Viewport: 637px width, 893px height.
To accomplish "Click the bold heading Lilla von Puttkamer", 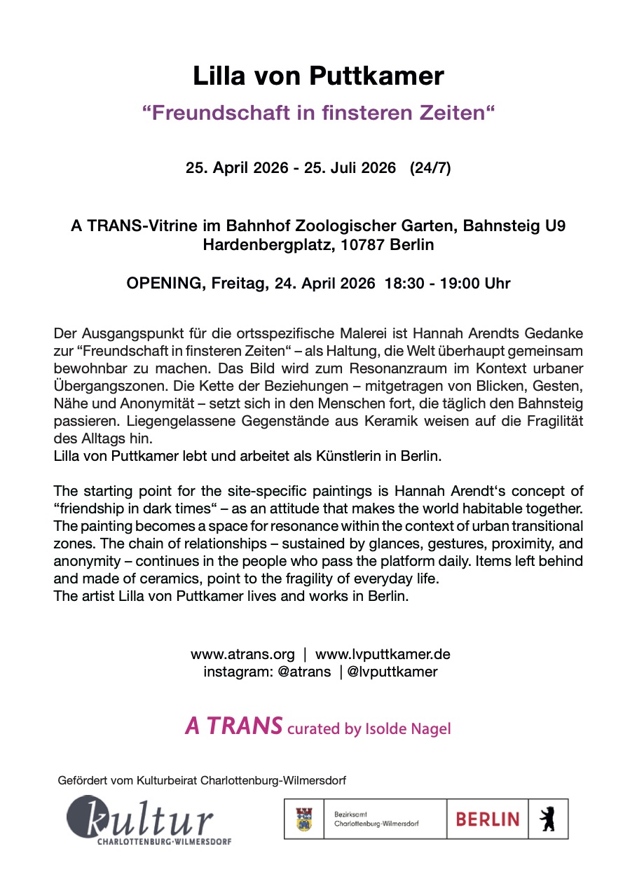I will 318,76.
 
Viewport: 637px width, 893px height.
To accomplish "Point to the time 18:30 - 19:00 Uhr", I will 447,284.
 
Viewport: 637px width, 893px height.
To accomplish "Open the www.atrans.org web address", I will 242,654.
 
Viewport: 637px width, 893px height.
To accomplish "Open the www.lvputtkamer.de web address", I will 383,654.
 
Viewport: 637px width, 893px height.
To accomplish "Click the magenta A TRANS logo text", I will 233,726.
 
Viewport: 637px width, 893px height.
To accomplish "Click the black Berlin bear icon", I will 548,819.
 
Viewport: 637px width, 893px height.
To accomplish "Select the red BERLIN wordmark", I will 488,819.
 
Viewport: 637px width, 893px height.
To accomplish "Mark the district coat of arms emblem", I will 304,819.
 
